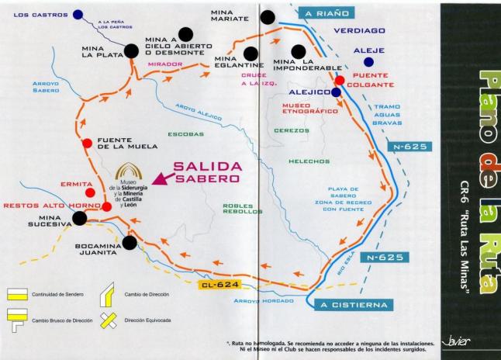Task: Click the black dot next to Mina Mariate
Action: pyautogui.click(x=268, y=17)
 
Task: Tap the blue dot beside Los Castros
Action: pyautogui.click(x=79, y=14)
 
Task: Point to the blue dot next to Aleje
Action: pyautogui.click(x=368, y=61)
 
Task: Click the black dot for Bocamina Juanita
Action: pyautogui.click(x=130, y=243)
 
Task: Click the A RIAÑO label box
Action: pyautogui.click(x=326, y=13)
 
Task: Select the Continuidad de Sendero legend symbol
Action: pyautogui.click(x=17, y=296)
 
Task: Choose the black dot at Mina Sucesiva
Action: pyautogui.click(x=79, y=219)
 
